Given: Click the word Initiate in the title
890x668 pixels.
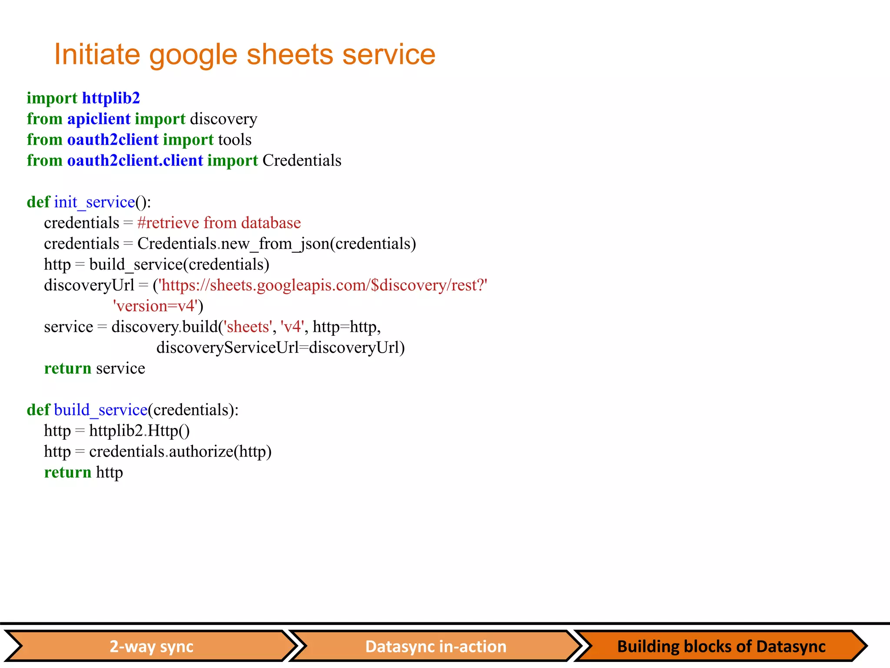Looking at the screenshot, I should [x=97, y=55].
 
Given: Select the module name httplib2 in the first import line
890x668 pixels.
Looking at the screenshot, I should [x=111, y=98].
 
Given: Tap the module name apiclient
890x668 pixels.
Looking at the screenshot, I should [x=99, y=119].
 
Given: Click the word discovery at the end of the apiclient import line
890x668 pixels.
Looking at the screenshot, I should [x=223, y=119].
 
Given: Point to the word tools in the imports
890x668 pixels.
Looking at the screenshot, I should [x=235, y=140].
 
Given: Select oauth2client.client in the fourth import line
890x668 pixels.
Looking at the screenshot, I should [x=135, y=161].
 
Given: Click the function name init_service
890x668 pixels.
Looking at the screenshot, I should [x=94, y=202].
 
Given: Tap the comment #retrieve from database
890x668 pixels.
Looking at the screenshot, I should [x=219, y=223].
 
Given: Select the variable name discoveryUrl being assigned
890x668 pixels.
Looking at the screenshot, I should [x=89, y=286].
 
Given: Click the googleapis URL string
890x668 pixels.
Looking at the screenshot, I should [x=323, y=286].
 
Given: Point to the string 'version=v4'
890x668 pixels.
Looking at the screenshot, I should [x=156, y=306].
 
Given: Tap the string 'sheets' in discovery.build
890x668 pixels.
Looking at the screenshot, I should [x=248, y=327].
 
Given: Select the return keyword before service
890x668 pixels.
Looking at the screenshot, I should [x=68, y=369].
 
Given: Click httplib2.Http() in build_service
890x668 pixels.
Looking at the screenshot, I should [x=139, y=431].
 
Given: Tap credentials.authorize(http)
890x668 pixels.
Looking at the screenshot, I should [x=180, y=452].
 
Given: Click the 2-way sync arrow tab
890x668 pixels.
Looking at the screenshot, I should [x=151, y=646].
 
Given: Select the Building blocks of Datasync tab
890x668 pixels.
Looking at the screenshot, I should [x=721, y=646].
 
